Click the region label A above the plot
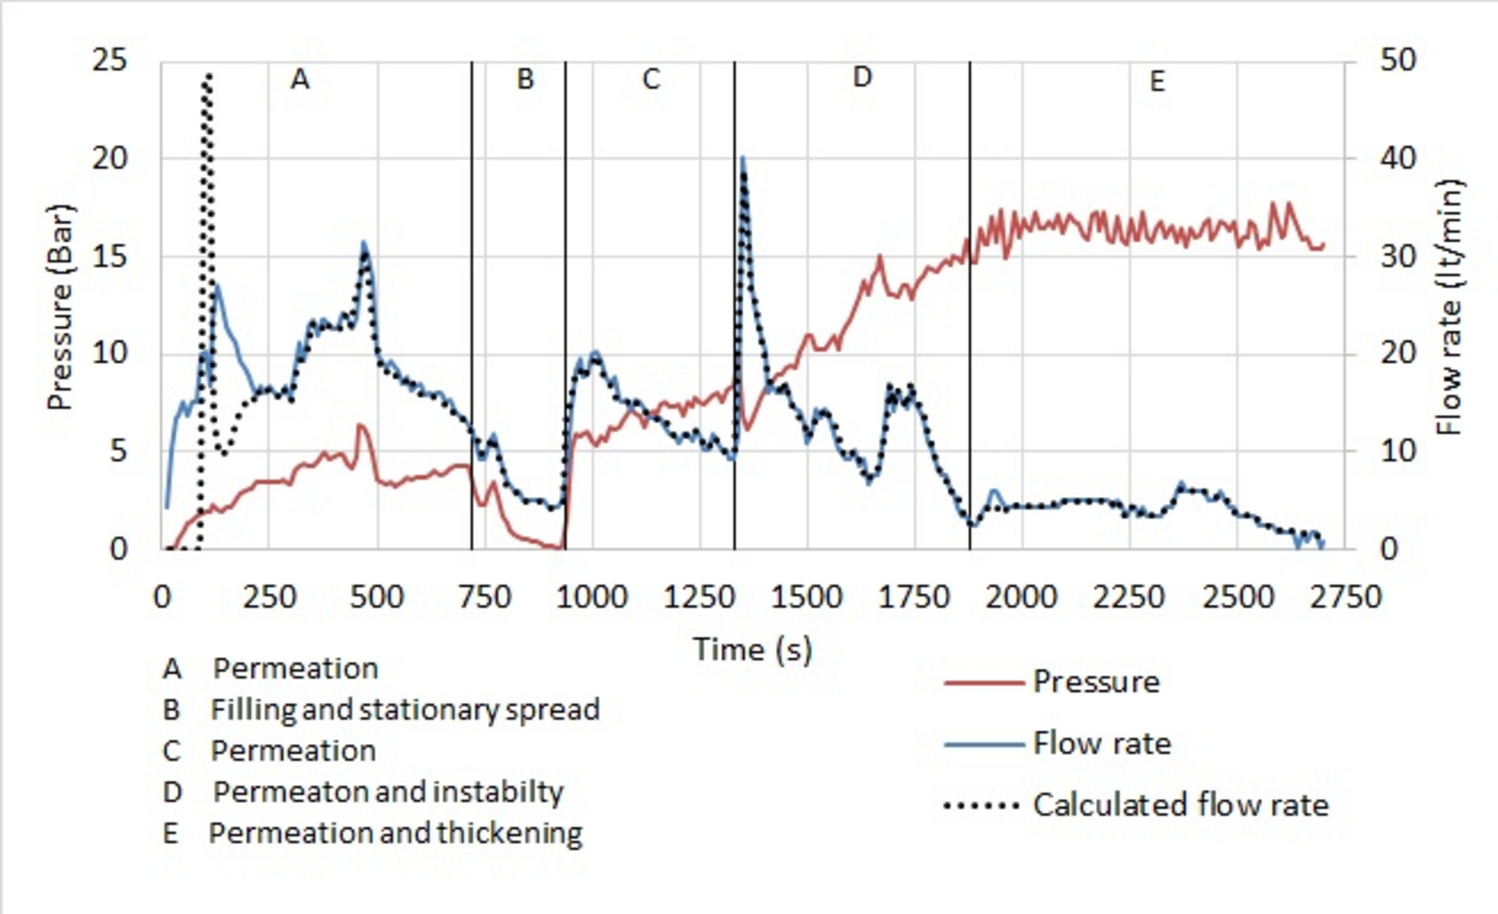pos(300,80)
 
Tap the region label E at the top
pos(1157,82)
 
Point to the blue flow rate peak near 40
pos(742,159)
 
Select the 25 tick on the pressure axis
pos(110,61)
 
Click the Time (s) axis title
pos(752,650)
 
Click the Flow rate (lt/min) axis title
pos(1450,307)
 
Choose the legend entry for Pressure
pos(1096,682)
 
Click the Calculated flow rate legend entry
pos(1181,805)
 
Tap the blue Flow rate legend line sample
pos(983,744)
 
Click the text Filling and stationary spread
pos(405,710)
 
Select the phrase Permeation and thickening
pos(395,834)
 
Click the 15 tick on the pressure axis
pos(110,257)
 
